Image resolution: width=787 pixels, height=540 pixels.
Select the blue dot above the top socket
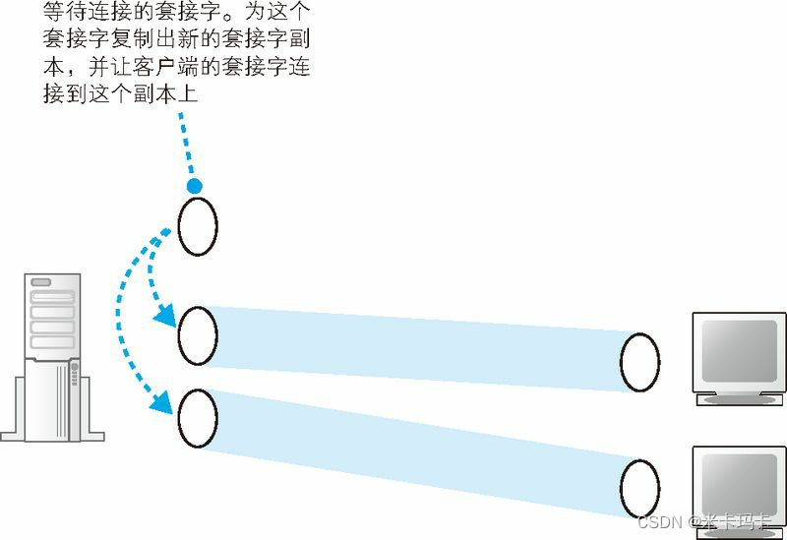195,186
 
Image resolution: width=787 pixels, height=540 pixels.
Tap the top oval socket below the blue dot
198,226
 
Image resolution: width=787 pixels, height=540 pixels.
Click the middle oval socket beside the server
198,336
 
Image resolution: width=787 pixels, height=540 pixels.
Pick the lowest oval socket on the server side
198,419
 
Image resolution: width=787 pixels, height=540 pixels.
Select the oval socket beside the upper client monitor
639,362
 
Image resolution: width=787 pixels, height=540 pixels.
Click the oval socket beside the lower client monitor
639,489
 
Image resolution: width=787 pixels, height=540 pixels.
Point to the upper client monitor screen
739,350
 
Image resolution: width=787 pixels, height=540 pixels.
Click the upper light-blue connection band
413,344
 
